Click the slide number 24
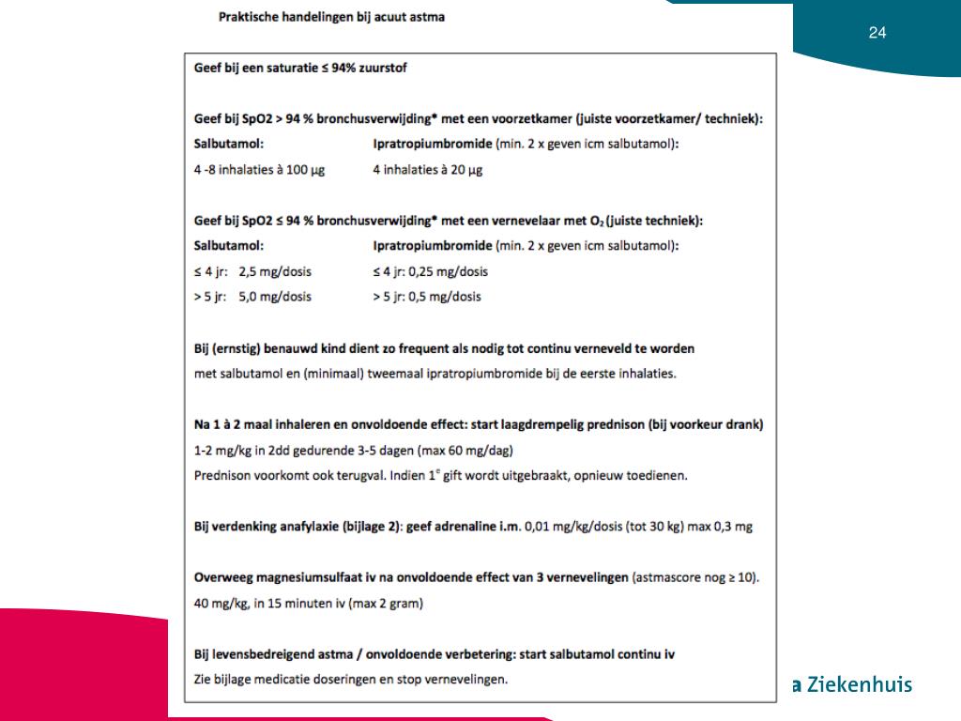point(877,33)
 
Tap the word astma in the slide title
point(428,17)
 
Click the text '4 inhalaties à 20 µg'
point(427,170)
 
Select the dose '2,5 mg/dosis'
point(275,271)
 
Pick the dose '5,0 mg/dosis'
point(275,297)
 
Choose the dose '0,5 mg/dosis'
point(445,297)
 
